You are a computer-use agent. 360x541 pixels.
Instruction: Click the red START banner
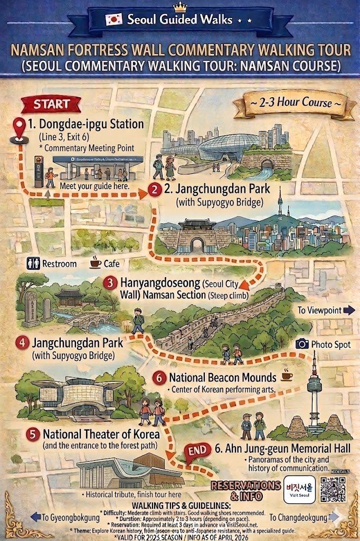(x=51, y=104)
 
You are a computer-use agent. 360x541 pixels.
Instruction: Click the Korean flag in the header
(x=113, y=20)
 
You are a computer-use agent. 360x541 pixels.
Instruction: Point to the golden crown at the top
(x=181, y=6)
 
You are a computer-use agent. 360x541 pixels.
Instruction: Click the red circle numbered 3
(x=110, y=283)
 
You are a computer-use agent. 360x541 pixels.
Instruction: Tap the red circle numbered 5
(x=33, y=434)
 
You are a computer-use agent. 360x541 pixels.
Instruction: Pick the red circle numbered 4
(x=22, y=342)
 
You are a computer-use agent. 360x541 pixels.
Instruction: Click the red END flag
(x=197, y=452)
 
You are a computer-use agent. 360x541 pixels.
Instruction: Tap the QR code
(x=333, y=490)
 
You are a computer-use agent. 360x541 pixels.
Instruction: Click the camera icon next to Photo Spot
(x=302, y=344)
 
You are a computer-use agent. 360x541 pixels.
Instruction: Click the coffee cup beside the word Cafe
(x=96, y=262)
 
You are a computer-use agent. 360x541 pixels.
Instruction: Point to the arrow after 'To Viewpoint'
(x=349, y=310)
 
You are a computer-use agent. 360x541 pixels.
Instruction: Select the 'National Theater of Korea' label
(x=101, y=434)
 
